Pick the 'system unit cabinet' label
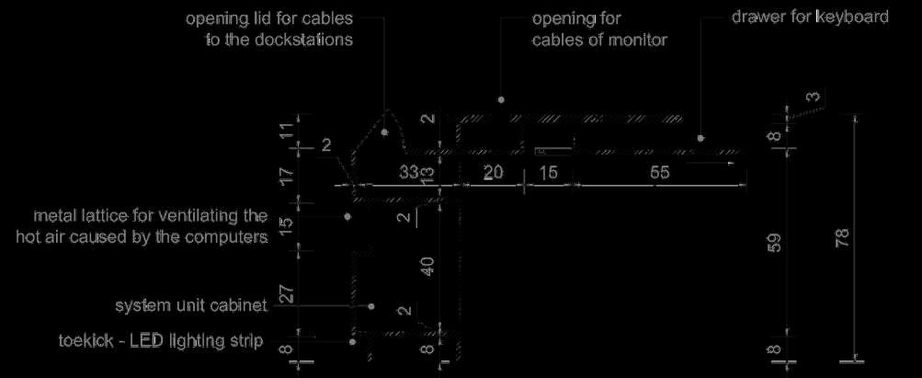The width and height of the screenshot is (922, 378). (190, 304)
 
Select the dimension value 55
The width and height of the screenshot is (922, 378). (659, 172)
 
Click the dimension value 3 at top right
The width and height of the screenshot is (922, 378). (812, 97)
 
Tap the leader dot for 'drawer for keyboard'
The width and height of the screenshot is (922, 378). (700, 138)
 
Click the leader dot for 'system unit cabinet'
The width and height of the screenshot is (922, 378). (371, 305)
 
